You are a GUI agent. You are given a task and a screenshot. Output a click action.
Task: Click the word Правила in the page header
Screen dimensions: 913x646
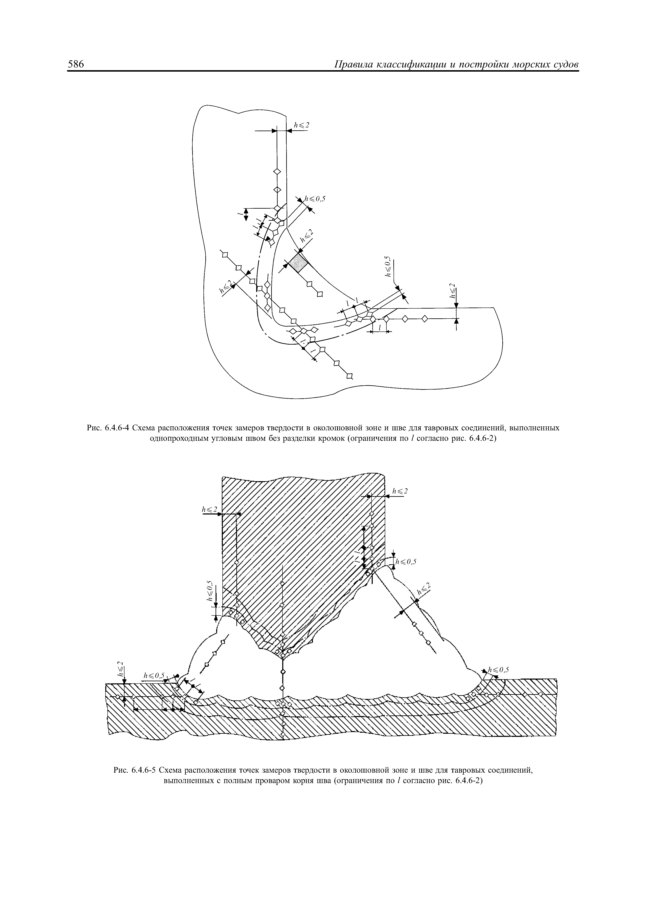tap(354, 65)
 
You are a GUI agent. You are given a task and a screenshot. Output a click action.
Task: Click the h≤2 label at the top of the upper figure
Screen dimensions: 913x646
tap(301, 125)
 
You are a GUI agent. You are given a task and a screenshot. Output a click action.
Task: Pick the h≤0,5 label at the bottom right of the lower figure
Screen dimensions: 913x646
tap(499, 669)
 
